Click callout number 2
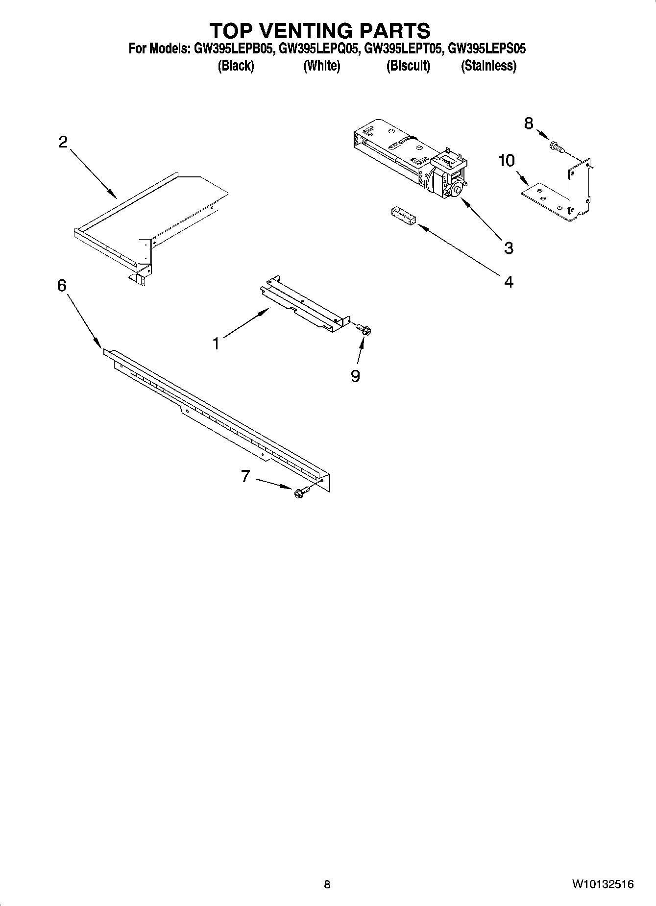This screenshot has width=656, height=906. click(63, 142)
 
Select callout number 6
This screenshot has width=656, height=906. click(62, 285)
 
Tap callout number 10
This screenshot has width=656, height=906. click(507, 160)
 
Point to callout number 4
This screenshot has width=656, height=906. click(509, 282)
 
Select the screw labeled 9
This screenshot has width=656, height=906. click(364, 328)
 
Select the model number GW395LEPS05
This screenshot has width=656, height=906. click(487, 49)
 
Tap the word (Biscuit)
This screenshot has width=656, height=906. click(408, 66)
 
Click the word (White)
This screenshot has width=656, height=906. click(321, 66)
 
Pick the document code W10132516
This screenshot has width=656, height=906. click(602, 884)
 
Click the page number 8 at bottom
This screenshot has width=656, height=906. click(327, 884)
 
